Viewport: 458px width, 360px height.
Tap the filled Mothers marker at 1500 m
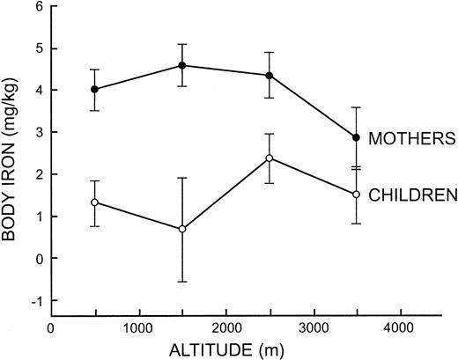click(181, 65)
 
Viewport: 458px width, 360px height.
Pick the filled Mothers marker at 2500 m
click(270, 75)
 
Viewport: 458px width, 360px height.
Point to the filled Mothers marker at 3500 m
click(356, 137)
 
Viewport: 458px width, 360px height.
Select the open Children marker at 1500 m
click(181, 229)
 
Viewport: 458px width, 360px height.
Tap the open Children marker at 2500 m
click(270, 158)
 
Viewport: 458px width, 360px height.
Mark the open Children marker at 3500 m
click(356, 194)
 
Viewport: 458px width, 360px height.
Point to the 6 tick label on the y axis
click(39, 6)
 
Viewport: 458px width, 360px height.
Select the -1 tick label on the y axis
click(36, 300)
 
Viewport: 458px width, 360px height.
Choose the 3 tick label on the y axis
click(39, 132)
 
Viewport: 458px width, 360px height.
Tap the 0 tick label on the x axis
click(51, 328)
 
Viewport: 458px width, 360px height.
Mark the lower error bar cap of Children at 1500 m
click(181, 282)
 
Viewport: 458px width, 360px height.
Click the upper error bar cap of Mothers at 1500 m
click(181, 44)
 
